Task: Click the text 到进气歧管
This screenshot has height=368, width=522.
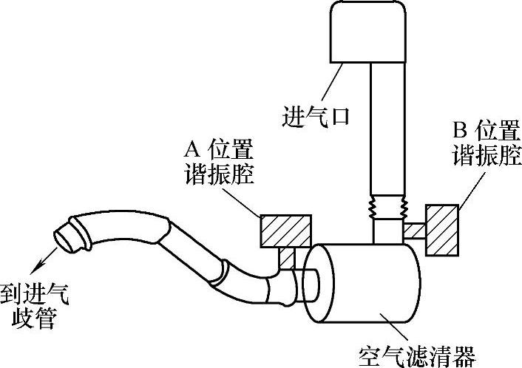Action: (35, 306)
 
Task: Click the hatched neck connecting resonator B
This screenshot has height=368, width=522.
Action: (413, 231)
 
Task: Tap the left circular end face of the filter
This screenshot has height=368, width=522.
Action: (317, 284)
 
